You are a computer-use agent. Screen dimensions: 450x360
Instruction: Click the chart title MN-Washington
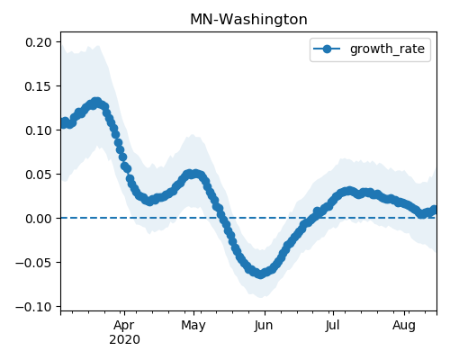click(248, 20)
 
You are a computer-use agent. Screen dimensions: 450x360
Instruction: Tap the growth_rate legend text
click(387, 49)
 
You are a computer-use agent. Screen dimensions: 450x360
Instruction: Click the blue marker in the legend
click(327, 49)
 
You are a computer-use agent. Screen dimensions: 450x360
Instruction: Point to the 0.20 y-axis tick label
click(39, 42)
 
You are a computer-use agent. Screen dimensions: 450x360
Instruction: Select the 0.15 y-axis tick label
click(39, 86)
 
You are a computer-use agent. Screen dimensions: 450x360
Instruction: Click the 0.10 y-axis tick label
click(39, 130)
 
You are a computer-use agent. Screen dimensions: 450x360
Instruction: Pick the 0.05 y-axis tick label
click(39, 175)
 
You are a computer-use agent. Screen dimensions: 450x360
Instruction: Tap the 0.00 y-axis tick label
click(39, 219)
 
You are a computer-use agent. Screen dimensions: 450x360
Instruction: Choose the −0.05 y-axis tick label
click(33, 263)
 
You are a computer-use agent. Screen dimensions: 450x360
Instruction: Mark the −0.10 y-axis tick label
click(33, 307)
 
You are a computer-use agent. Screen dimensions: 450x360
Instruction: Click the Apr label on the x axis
click(124, 326)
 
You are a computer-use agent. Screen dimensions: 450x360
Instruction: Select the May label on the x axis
click(193, 326)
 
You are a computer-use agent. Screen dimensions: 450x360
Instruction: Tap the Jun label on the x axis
click(264, 326)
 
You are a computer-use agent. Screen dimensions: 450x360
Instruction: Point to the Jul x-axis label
click(333, 326)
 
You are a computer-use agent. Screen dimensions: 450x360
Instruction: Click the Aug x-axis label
click(404, 326)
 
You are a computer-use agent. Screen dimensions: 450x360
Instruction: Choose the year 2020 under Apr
click(124, 339)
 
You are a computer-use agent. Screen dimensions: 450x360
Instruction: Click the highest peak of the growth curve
click(96, 103)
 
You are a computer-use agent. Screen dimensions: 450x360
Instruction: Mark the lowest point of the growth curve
click(260, 274)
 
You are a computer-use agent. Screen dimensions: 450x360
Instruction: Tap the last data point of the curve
click(435, 210)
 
